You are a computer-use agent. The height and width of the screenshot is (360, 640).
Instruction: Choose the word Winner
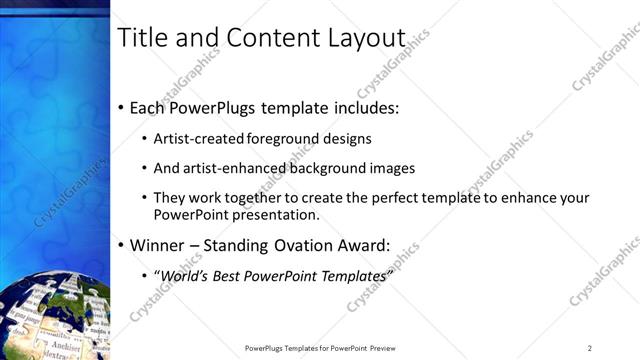click(158, 244)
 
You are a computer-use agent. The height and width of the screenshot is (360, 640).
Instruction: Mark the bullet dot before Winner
click(121, 245)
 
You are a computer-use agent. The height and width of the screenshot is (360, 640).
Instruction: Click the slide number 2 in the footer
click(590, 347)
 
